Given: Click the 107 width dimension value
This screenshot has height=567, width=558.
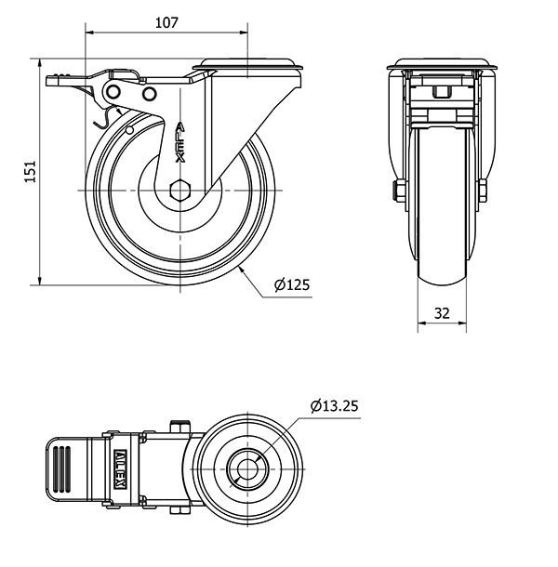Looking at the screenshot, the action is tap(166, 23).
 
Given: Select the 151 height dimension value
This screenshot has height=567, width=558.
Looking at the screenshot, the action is tap(31, 171).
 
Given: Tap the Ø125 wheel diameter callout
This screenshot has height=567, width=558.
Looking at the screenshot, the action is tap(292, 285).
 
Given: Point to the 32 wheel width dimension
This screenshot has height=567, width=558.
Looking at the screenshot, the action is tap(442, 313).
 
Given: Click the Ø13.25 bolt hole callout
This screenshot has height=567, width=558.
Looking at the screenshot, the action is tap(334, 405).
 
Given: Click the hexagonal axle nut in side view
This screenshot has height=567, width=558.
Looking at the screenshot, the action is tap(179, 191).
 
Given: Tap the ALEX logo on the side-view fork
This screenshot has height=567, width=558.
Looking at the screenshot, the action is tap(179, 142).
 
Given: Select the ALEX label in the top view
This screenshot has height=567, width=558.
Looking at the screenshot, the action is tap(120, 469).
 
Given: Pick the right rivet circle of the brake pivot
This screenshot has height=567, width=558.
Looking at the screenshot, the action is tap(149, 94).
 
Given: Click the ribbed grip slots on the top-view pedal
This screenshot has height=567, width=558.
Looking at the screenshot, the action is tap(61, 469).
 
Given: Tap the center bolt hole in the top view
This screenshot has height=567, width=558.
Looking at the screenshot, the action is tap(247, 469).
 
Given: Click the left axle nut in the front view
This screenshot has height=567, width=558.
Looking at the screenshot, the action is tap(400, 191).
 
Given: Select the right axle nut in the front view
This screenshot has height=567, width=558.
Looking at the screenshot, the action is tap(483, 191).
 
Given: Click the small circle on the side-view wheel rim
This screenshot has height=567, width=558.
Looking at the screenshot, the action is tap(129, 130).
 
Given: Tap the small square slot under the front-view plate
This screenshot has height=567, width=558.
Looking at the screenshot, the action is tap(441, 92).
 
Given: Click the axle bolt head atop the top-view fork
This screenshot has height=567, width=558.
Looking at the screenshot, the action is tap(179, 426).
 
